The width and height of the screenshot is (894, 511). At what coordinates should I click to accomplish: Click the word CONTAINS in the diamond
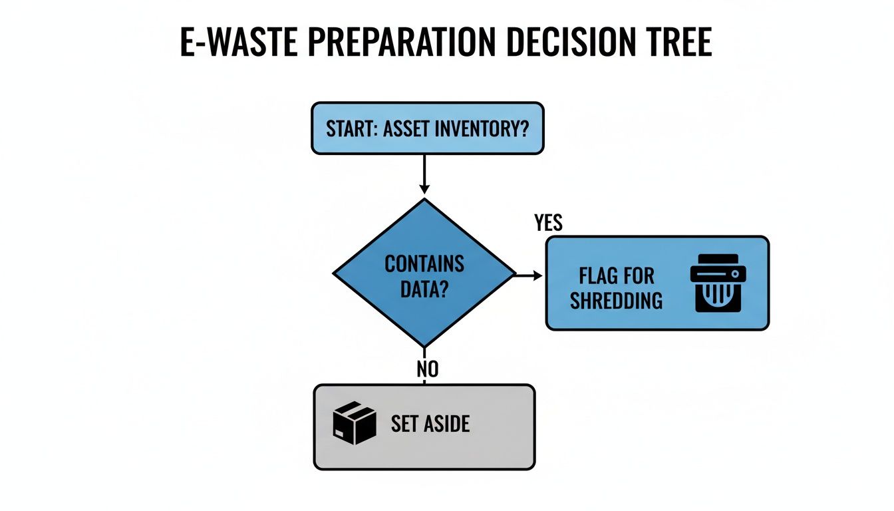[x=424, y=263]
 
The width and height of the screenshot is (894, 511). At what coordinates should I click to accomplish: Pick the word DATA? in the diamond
[x=424, y=289]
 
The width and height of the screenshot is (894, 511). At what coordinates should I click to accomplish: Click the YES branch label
[x=548, y=223]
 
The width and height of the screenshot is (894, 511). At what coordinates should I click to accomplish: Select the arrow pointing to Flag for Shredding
[x=530, y=274]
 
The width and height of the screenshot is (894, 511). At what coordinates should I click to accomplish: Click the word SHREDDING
[x=616, y=301]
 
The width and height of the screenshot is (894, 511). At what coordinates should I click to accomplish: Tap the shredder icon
[x=718, y=283]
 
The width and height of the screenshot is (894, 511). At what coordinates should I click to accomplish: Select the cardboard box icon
[x=354, y=423]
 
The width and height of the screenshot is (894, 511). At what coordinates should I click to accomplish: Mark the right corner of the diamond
[x=514, y=273]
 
